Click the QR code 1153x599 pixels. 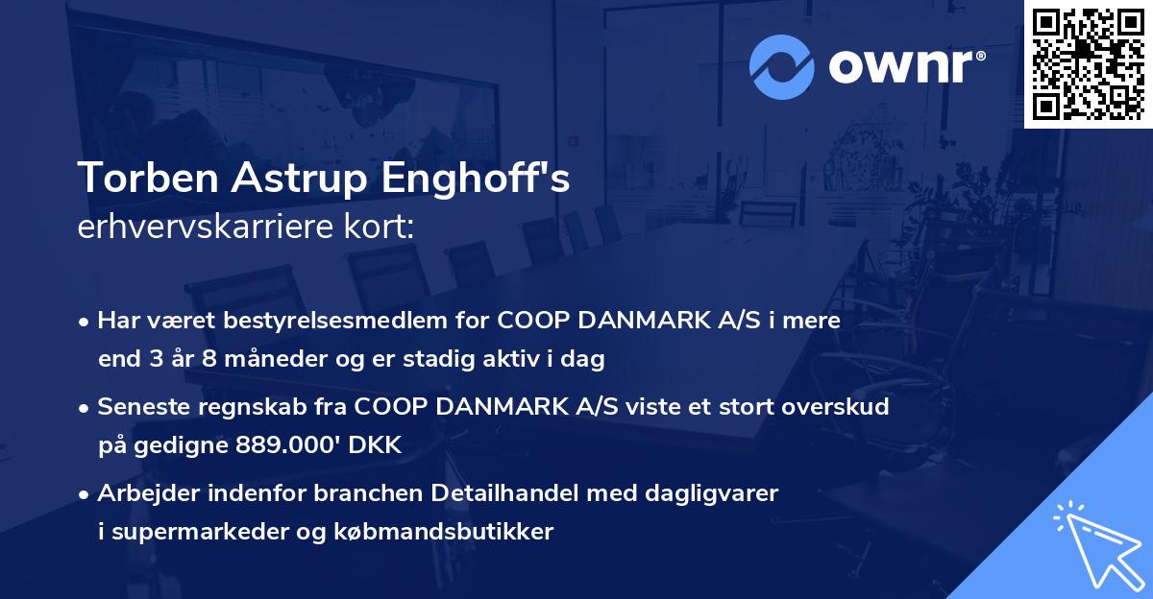pyautogui.click(x=1089, y=64)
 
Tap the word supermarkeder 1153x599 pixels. pyautogui.click(x=194, y=532)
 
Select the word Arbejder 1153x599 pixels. pyautogui.click(x=146, y=493)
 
